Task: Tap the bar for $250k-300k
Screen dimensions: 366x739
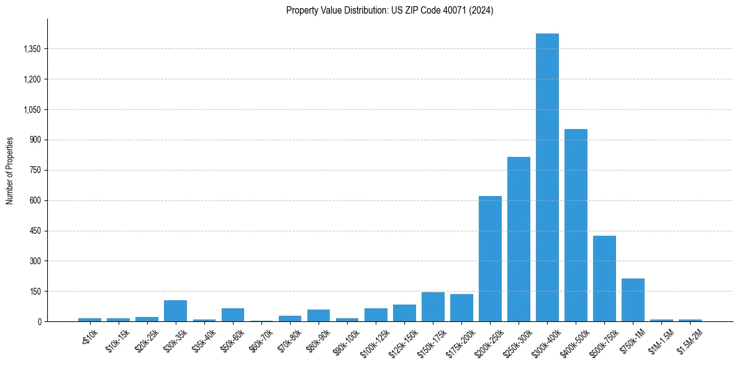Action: (519, 239)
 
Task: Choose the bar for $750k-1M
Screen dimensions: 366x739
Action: (633, 300)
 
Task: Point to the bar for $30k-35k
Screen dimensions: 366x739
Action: (175, 311)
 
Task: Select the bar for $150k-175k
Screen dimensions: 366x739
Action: (433, 307)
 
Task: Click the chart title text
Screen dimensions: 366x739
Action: (389, 11)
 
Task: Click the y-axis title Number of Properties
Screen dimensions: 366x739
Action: (10, 170)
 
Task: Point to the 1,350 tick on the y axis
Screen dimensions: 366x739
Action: (31, 49)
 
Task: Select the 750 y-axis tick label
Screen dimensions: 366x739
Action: (35, 170)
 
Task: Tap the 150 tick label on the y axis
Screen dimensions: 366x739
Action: (35, 292)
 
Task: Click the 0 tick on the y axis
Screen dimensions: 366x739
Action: (39, 322)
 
